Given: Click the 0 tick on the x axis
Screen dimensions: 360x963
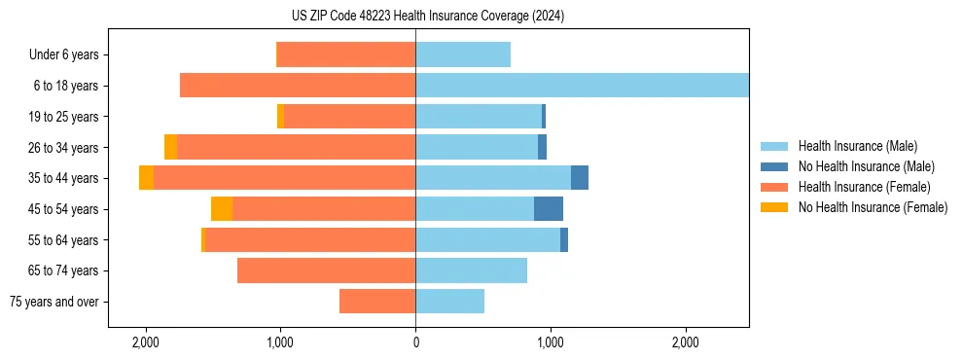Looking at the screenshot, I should pyautogui.click(x=415, y=342).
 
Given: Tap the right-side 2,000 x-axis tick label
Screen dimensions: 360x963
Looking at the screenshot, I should pyautogui.click(x=685, y=342).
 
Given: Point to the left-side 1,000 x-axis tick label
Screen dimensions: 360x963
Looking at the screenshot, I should pyautogui.click(x=280, y=342).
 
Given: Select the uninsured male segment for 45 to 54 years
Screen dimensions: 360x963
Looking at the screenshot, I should pyautogui.click(x=549, y=209).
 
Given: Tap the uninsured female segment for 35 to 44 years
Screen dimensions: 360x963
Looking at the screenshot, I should pyautogui.click(x=146, y=178).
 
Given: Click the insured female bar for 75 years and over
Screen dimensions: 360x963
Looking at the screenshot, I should pyautogui.click(x=377, y=302).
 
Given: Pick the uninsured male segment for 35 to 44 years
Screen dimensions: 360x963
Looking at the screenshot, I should pyautogui.click(x=580, y=178).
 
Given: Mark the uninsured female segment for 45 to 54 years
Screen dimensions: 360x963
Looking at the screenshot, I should pyautogui.click(x=222, y=209).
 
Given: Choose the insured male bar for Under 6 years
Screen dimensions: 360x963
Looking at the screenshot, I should pyautogui.click(x=463, y=55).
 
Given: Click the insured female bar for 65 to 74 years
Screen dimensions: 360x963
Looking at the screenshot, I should pyautogui.click(x=326, y=270).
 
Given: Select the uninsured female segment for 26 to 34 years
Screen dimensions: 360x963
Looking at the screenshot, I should pyautogui.click(x=170, y=147).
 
